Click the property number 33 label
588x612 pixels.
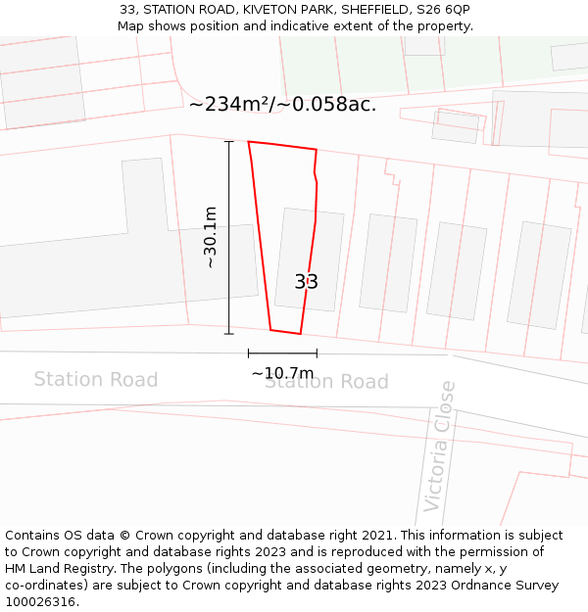306,282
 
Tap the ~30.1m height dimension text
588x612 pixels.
210,237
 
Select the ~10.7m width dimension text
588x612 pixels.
282,373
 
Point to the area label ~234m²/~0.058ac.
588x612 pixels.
282,104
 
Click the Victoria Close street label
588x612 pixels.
439,447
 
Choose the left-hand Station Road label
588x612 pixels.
95,379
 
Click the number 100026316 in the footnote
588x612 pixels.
40,601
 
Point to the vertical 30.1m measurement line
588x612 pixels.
229,237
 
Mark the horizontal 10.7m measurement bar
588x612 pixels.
282,353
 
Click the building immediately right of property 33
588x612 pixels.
388,262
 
